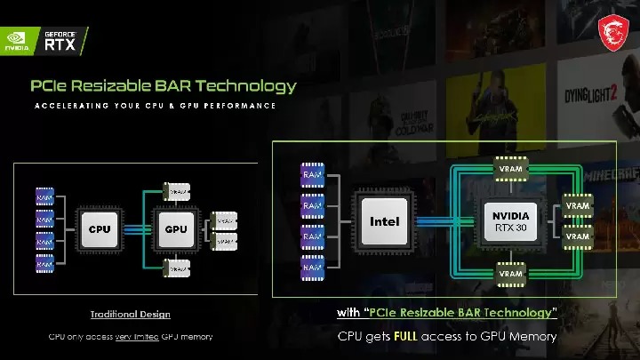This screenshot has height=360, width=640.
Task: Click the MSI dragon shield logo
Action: (x=612, y=30)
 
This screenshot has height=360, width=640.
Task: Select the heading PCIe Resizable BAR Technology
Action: (x=163, y=86)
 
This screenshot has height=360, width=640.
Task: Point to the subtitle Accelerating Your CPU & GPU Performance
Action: (x=155, y=106)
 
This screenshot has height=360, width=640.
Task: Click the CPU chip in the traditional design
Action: (x=100, y=228)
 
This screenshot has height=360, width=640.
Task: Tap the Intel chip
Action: (x=384, y=221)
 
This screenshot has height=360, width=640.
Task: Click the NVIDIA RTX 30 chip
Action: (x=510, y=220)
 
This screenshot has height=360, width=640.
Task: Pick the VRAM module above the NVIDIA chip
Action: (x=510, y=166)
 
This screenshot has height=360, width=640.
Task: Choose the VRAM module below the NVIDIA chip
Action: (x=510, y=274)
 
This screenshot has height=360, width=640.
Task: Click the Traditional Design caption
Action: (x=130, y=314)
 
